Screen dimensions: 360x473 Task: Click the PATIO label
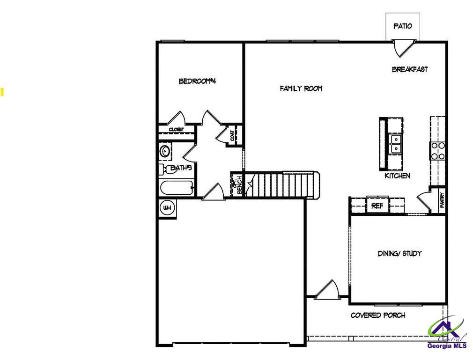403,26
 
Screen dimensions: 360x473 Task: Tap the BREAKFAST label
410,69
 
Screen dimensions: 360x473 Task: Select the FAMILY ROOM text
301,88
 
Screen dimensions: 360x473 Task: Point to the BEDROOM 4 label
197,81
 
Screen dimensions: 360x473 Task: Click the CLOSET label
176,129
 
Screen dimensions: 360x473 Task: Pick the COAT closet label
233,135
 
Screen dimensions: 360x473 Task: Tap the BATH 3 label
181,167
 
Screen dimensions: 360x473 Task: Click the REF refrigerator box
377,205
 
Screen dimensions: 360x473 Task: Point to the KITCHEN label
397,176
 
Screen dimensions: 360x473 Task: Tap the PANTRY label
442,201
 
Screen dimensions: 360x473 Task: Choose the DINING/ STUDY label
400,253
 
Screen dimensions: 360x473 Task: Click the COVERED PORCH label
378,315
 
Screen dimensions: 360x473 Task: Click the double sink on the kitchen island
396,144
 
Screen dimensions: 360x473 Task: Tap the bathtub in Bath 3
177,188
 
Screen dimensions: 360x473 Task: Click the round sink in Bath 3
164,151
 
